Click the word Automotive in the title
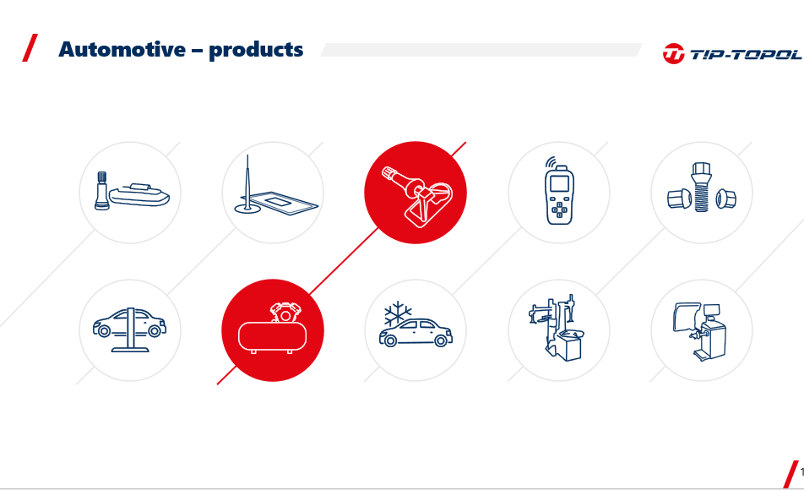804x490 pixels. coord(122,50)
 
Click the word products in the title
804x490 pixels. coord(256,51)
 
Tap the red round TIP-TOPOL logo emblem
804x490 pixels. coord(673,54)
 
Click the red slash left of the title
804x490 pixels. coord(30,47)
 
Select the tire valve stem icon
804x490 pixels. coord(101,191)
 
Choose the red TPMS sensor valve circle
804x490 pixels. coord(416,193)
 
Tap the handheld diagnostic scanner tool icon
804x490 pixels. coord(559,191)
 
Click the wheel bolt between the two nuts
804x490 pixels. coord(701,188)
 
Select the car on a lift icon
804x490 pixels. coord(130,329)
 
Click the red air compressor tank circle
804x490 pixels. coord(273,330)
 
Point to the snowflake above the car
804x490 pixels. coord(398,313)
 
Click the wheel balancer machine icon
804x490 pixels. coord(700,331)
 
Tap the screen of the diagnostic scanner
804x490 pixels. coord(559,183)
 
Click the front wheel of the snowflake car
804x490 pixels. coord(390,340)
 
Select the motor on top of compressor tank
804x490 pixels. coord(285,313)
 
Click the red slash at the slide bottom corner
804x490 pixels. coord(790,474)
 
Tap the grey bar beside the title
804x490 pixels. coord(481,50)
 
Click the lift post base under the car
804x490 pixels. coord(130,350)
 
